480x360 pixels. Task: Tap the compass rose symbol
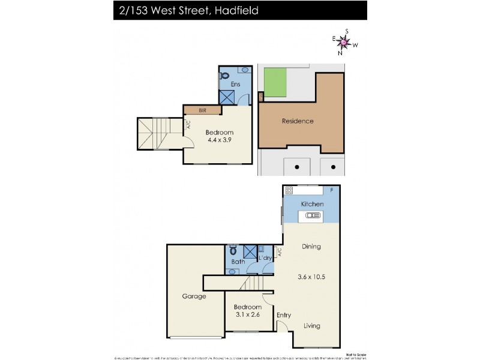[344, 42]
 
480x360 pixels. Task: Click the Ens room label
[235, 85]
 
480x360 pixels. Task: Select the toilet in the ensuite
[225, 76]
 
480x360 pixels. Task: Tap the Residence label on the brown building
[298, 121]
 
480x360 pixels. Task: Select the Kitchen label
[312, 204]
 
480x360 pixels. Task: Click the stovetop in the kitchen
[289, 191]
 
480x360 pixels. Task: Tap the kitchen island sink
[314, 215]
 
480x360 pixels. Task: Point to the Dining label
[311, 246]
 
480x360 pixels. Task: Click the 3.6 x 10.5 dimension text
[311, 277]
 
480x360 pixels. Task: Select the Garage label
[194, 296]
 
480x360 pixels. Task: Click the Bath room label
[238, 262]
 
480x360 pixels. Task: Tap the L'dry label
[266, 258]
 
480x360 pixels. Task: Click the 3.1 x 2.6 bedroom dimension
[248, 313]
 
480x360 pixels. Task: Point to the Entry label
[283, 314]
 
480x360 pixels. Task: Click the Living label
[311, 326]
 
